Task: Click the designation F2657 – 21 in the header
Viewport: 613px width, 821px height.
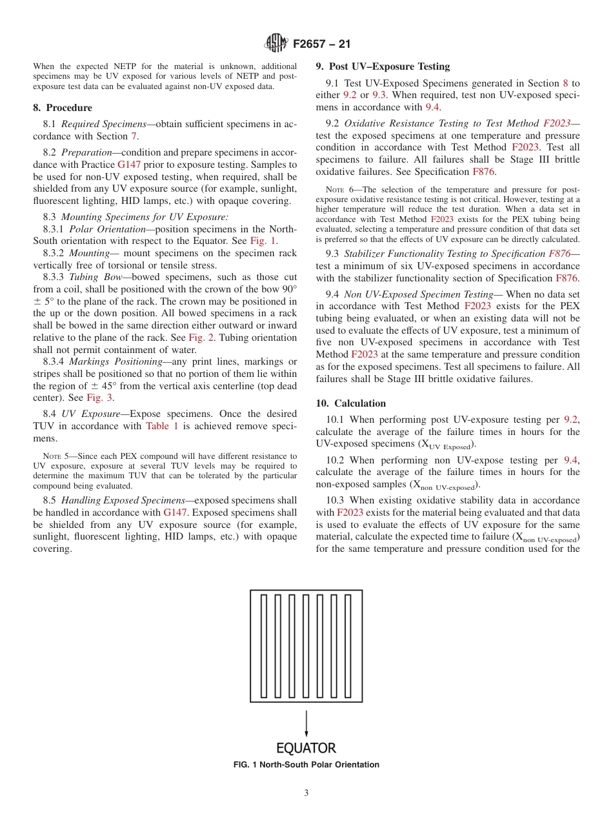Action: pyautogui.click(x=321, y=45)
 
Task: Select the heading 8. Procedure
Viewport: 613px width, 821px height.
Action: pyautogui.click(x=63, y=108)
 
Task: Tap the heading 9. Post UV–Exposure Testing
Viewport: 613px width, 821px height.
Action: pyautogui.click(x=383, y=66)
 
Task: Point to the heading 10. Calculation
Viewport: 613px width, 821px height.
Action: pyautogui.click(x=350, y=403)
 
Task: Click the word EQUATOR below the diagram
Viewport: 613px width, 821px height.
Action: pyautogui.click(x=306, y=748)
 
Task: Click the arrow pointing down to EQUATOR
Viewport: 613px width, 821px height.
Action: pyautogui.click(x=306, y=723)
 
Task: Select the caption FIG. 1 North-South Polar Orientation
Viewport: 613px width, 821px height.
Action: pyautogui.click(x=306, y=765)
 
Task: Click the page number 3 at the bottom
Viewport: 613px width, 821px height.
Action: pyautogui.click(x=306, y=793)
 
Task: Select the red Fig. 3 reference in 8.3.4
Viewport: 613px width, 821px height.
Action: pyautogui.click(x=100, y=398)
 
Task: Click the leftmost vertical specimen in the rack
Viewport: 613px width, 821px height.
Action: pyautogui.click(x=264, y=644)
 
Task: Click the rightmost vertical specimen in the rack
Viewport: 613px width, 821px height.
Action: pyautogui.click(x=349, y=644)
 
